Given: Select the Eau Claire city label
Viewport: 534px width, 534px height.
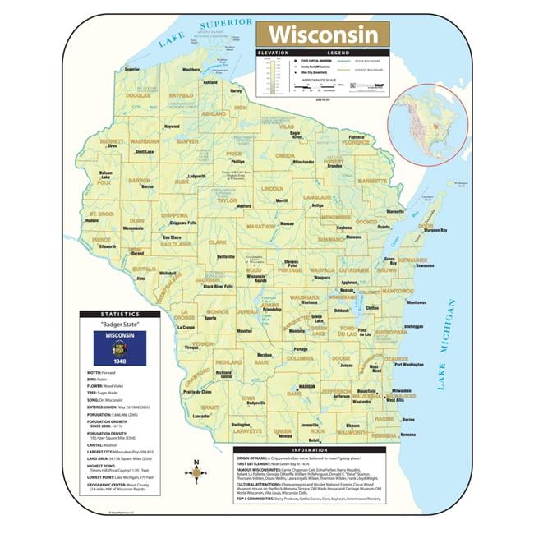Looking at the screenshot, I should click(x=170, y=237).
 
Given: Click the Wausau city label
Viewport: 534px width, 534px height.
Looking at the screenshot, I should click(x=287, y=223).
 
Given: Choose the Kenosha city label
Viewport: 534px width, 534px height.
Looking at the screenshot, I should click(x=407, y=434).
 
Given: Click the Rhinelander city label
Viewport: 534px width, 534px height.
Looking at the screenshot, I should click(x=303, y=162).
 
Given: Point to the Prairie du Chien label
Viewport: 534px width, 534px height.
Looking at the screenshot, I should click(x=197, y=392).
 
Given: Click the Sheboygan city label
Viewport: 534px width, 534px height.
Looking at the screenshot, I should click(x=413, y=326).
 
